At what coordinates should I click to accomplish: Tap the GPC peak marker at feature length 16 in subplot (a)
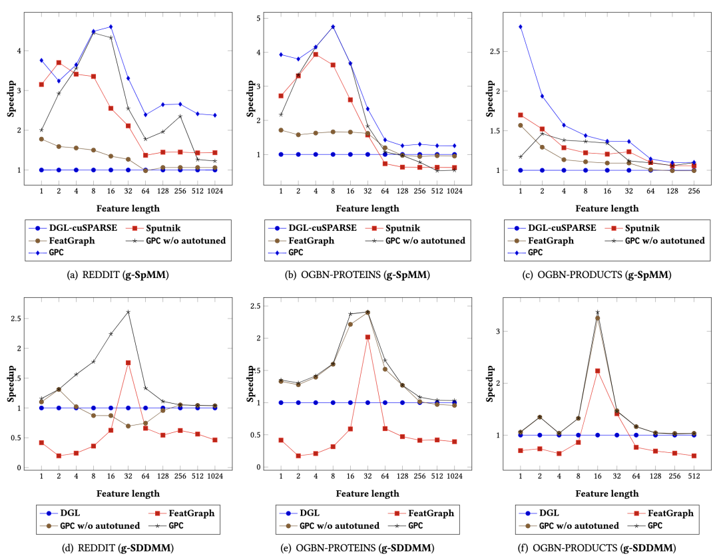coord(111,27)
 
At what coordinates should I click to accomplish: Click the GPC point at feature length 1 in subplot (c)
coord(521,27)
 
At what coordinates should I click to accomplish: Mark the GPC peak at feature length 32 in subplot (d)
coord(128,312)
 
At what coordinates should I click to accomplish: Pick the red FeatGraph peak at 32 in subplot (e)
coord(367,337)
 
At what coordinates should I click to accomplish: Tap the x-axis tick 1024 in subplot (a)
coord(214,192)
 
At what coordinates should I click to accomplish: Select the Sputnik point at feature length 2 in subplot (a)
coord(59,63)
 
